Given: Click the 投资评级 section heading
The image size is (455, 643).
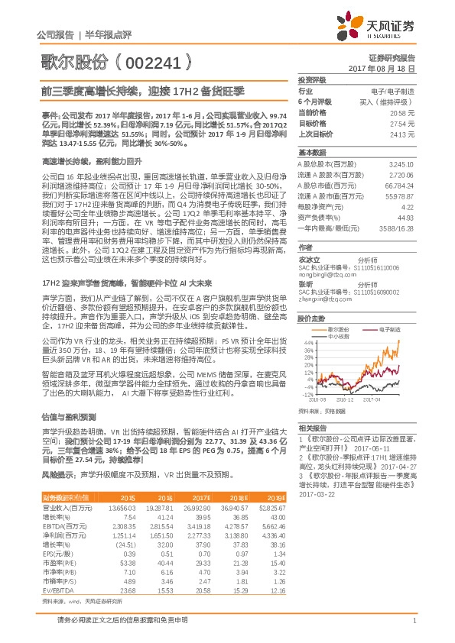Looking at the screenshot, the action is click(312, 79).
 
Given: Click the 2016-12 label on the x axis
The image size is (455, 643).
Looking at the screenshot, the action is click(344, 399).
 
